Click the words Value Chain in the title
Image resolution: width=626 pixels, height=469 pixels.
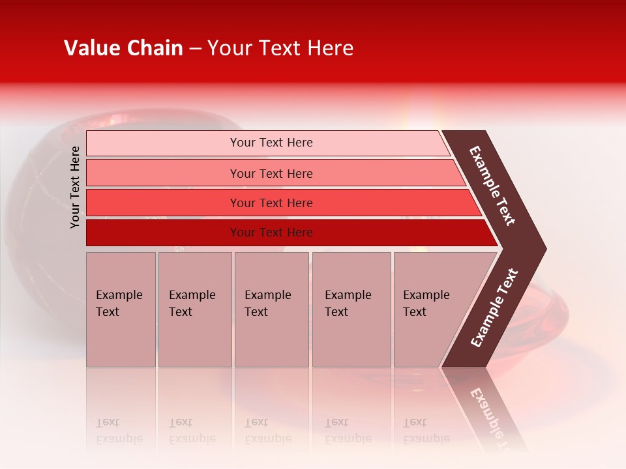point(123,48)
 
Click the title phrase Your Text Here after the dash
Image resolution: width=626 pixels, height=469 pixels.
point(280,48)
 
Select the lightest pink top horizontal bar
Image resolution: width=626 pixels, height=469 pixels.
point(163,143)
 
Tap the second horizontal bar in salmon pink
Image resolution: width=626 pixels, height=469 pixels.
point(163,173)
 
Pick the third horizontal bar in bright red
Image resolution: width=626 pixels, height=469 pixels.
point(163,203)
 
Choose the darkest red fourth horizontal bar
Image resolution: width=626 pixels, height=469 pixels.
point(163,233)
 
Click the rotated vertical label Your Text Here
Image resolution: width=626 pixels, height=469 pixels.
point(75,187)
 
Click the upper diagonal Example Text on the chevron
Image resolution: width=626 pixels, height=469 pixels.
point(492,186)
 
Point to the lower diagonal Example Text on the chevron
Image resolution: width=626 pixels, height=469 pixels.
point(494,308)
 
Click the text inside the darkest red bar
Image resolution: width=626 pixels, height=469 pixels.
point(271,233)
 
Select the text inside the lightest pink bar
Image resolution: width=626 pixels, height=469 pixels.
point(271,143)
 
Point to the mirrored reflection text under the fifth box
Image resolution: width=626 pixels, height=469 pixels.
point(426,431)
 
